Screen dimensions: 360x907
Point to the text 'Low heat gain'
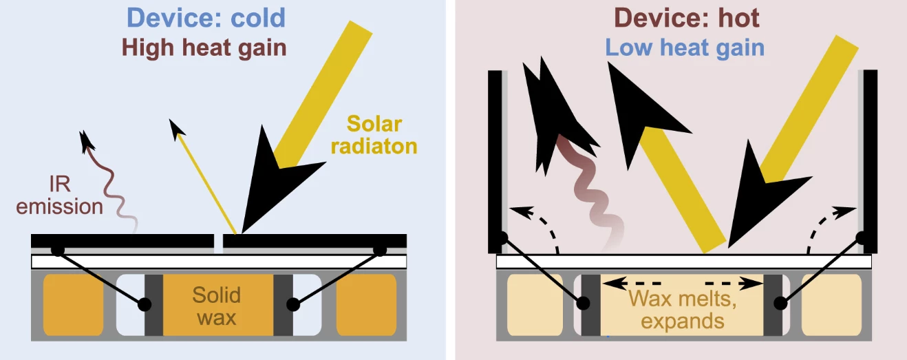coord(685,47)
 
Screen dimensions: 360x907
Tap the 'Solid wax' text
coord(216,306)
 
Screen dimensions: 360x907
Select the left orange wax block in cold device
coord(74,306)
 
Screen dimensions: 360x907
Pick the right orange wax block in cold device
coord(366,306)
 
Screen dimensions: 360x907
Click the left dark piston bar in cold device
coord(153,306)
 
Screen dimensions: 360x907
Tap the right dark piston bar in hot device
coord(773,306)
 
